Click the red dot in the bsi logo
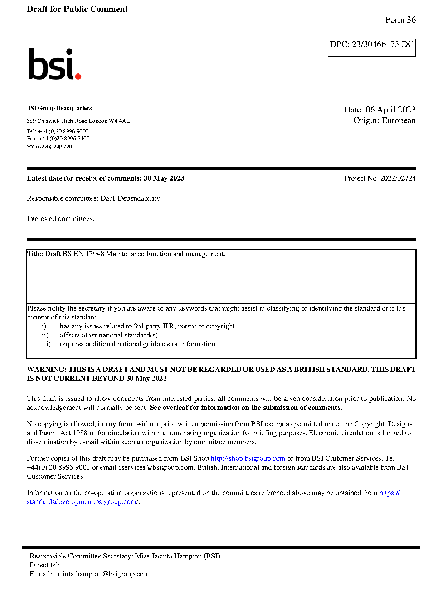point(78,76)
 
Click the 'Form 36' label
point(400,20)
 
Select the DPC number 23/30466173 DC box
point(371,47)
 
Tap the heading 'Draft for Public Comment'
point(77,9)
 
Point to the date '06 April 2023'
point(390,110)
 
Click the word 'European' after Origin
point(399,121)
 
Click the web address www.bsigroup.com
point(50,146)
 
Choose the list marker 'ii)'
point(45,335)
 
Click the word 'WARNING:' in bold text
point(47,370)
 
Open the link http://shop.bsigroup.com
point(248,458)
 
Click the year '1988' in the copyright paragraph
point(80,433)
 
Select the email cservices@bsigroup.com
point(156,467)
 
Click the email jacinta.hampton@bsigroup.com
point(102,574)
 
